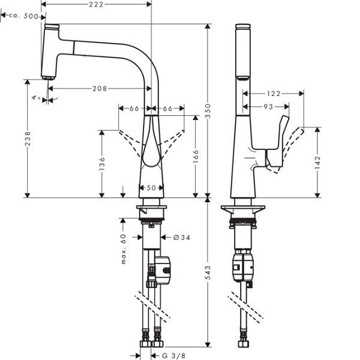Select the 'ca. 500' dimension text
pos(23,16)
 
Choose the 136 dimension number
pos(102,164)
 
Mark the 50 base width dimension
pos(151,188)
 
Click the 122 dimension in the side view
pos(274,94)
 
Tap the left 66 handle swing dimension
pos(134,109)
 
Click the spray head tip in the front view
pos(49,77)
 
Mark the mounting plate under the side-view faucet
pos(242,209)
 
